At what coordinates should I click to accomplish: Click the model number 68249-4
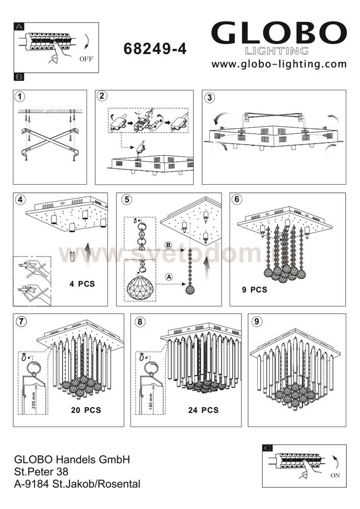pos(155,49)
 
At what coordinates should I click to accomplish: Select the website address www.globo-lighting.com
pos(279,64)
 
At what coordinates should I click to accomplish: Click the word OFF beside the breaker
pos(87,59)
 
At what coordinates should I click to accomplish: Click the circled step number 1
pos(20,97)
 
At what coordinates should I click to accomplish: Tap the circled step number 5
pos(126,200)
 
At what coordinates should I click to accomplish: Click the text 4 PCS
pos(81,284)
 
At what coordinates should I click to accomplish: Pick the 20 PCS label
pos(86,410)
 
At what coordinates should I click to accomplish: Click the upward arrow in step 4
pos(88,253)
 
